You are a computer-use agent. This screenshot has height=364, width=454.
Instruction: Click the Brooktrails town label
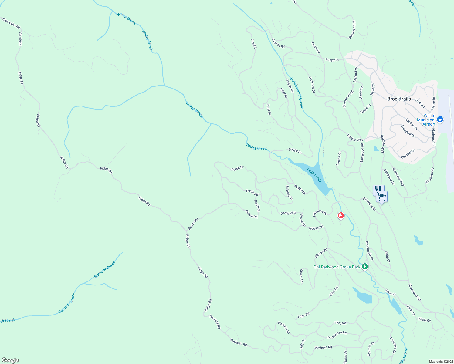click(x=399, y=99)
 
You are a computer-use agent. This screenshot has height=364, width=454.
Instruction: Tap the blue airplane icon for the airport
click(x=440, y=120)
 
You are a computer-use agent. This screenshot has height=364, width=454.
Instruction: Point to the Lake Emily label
click(x=314, y=175)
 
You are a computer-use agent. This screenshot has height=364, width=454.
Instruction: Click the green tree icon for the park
click(x=365, y=267)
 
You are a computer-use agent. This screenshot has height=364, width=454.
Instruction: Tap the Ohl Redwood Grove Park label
click(x=337, y=267)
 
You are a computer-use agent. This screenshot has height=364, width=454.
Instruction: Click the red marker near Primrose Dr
click(x=341, y=216)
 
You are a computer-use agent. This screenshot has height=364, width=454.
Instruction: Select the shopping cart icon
click(x=381, y=197)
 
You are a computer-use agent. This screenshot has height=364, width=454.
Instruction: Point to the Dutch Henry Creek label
click(x=296, y=93)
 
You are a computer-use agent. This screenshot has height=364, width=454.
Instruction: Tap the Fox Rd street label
click(x=253, y=43)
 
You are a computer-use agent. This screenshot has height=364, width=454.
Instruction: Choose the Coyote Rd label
click(x=278, y=43)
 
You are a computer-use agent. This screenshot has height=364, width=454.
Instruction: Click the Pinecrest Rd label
click(x=352, y=29)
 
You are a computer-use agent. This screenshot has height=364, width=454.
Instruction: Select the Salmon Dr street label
click(x=289, y=193)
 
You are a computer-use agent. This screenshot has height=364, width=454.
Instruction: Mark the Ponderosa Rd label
click(x=337, y=335)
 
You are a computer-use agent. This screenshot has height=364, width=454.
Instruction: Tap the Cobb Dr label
click(x=387, y=256)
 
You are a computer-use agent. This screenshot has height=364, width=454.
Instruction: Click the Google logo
click(x=10, y=360)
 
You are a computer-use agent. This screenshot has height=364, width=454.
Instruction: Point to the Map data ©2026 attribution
click(x=440, y=362)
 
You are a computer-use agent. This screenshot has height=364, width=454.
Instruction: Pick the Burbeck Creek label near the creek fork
click(x=105, y=270)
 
